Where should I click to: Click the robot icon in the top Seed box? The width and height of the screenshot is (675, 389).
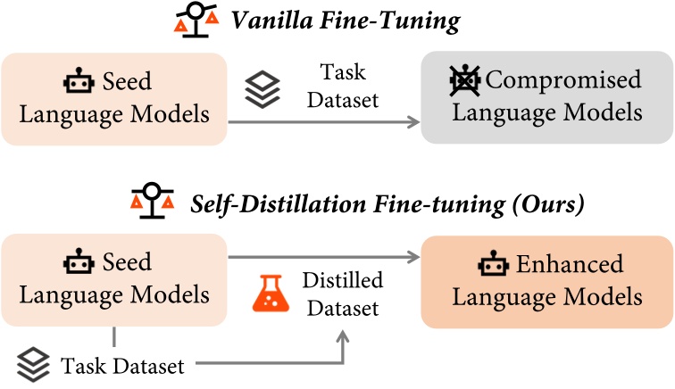(78, 83)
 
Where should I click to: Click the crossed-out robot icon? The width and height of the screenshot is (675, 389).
(464, 81)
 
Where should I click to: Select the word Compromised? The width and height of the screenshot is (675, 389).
(562, 81)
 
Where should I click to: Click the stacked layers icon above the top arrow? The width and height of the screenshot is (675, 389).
(262, 89)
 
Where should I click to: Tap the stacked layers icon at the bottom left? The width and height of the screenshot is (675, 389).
(32, 364)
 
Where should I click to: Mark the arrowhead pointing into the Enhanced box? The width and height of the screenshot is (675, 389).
(413, 258)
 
